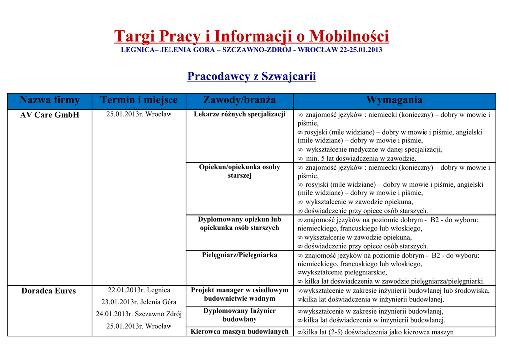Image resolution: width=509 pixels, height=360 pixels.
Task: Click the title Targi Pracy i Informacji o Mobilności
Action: click(x=252, y=36)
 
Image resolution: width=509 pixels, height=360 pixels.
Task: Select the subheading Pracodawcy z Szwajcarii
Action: click(x=252, y=76)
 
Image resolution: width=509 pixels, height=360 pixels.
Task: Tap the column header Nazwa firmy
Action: click(x=50, y=100)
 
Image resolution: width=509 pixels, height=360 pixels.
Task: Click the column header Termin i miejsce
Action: click(x=139, y=100)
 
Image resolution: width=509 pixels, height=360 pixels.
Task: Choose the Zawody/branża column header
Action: click(x=240, y=100)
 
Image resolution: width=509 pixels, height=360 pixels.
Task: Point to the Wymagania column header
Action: click(x=394, y=100)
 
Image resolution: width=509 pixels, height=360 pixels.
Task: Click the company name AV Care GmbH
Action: click(x=50, y=115)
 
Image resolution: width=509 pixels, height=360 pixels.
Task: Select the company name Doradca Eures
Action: click(x=49, y=291)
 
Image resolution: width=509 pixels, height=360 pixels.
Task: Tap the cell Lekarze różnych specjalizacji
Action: click(x=240, y=115)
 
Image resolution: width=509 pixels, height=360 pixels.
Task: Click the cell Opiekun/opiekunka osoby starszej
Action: click(x=240, y=171)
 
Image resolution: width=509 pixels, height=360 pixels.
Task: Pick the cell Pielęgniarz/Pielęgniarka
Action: click(x=240, y=255)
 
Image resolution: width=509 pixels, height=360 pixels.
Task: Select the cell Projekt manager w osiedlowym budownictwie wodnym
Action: click(x=240, y=294)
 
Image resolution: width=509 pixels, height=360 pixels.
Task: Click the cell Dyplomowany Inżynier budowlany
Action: click(x=240, y=315)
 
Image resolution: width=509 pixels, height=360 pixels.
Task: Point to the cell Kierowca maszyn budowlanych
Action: click(x=240, y=332)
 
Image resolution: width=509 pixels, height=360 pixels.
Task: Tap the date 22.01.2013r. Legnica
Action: click(x=139, y=290)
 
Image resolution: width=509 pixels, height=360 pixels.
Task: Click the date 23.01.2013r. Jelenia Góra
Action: click(x=139, y=302)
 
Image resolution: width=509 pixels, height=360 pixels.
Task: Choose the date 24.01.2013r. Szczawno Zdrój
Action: click(x=139, y=314)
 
